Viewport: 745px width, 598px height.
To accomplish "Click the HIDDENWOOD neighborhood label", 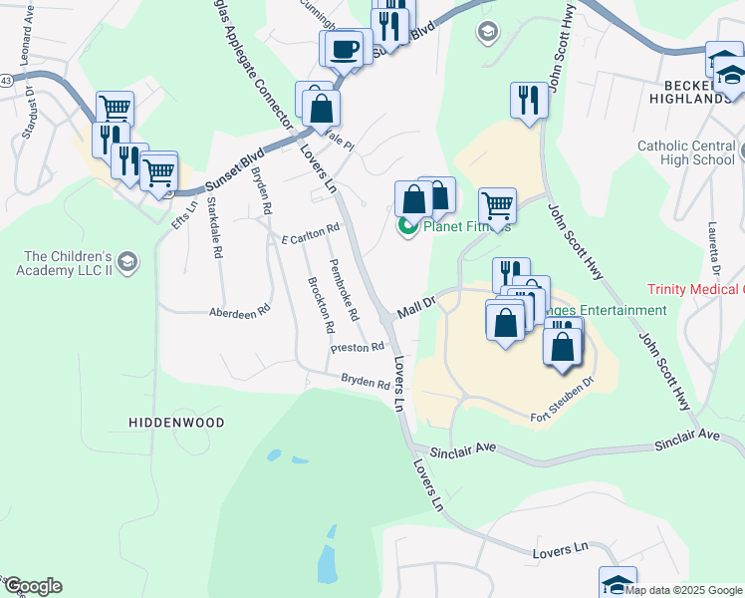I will tap(176, 423).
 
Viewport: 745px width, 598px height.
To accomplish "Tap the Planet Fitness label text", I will tap(467, 226).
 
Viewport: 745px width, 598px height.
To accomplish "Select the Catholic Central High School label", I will tap(686, 152).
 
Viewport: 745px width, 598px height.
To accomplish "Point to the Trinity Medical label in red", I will tap(695, 289).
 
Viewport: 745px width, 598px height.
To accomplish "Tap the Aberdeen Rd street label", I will tap(239, 311).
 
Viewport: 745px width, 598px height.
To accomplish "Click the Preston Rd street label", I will tap(358, 347).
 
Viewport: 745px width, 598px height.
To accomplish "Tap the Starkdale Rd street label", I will tap(215, 228).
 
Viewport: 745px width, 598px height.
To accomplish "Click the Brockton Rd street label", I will tap(319, 303).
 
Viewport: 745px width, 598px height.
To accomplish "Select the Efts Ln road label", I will tap(178, 214).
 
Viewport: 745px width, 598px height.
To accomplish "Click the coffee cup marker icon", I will tap(345, 48).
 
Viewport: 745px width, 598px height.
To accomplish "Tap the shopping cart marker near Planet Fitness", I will tap(497, 206).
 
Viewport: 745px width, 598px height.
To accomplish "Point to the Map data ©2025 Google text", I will tap(684, 590).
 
